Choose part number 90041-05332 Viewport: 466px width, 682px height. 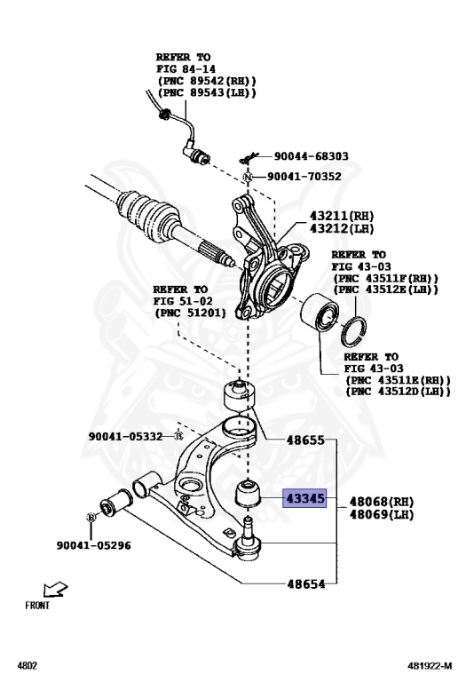pyautogui.click(x=125, y=436)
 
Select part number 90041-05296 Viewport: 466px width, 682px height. pyautogui.click(x=93, y=545)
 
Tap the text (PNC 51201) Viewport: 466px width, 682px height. pyautogui.click(x=189, y=313)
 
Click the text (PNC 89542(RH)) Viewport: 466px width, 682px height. pyautogui.click(x=206, y=81)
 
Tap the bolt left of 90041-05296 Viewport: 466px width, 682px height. pyautogui.click(x=91, y=517)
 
